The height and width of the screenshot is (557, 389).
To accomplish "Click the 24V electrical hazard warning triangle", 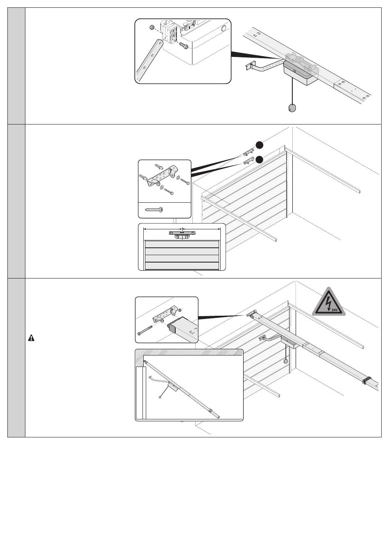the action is click(329, 302).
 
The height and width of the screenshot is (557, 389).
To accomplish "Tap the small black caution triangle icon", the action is click(31, 338).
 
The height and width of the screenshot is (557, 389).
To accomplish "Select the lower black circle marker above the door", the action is click(259, 160).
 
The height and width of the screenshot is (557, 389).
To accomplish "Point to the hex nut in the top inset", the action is click(151, 27).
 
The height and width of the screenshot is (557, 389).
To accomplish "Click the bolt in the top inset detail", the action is click(183, 46).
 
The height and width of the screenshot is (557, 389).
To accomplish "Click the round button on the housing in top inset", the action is click(222, 28).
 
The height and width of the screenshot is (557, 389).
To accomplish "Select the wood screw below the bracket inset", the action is click(154, 209).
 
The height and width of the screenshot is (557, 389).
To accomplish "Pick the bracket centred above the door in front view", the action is click(182, 234).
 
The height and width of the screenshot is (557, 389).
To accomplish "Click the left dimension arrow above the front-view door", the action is click(163, 229).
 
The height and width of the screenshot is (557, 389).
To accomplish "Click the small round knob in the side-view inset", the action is click(160, 397).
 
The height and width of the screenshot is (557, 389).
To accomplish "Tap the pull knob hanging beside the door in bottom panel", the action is click(285, 361).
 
